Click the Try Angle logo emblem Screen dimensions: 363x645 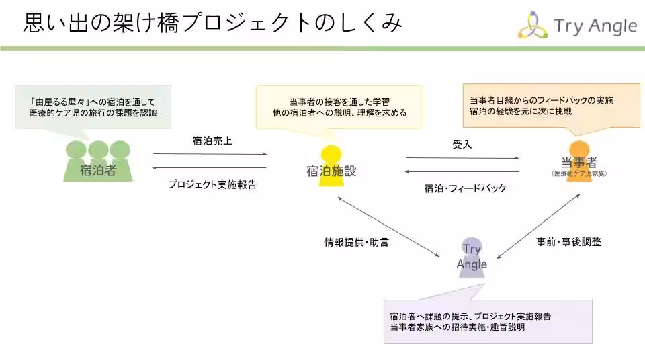pos(532,26)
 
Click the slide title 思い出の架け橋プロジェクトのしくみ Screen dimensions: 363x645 pos(213,24)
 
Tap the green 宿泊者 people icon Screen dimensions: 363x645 pos(98,161)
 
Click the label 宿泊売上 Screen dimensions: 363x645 pos(212,141)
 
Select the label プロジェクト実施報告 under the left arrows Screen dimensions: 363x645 pos(212,184)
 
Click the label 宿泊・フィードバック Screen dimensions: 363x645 pos(465,188)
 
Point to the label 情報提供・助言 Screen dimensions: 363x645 pos(356,242)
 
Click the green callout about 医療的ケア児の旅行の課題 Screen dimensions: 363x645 pos(93,108)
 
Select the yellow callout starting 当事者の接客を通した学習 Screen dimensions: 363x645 pos(339,107)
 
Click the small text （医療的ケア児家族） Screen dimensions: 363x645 pos(578,173)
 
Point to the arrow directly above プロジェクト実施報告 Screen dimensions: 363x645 pos(210,167)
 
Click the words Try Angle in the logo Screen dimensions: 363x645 pos(595,26)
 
